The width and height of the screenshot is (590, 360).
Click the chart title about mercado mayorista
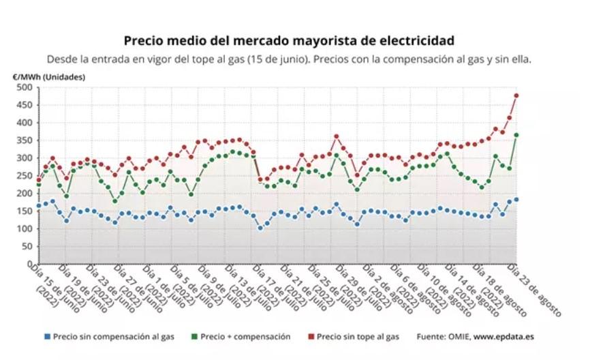coord(289,41)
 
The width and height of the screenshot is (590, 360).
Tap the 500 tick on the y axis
coord(24,87)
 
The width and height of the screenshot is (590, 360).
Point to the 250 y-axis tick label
coord(24,175)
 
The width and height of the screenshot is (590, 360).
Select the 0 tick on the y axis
coord(29,264)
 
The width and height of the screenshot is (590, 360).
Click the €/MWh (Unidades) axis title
coord(49,77)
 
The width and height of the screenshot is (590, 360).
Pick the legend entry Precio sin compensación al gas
coord(110,336)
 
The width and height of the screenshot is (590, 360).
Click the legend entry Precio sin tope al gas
coord(356,336)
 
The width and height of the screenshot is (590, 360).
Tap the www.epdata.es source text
coord(503,336)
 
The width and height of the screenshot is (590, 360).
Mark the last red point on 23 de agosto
coord(516,95)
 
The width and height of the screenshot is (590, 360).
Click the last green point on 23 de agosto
coord(516,135)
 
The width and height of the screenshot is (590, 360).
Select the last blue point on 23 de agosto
coord(516,199)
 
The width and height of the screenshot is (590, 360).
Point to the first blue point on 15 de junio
coord(39,206)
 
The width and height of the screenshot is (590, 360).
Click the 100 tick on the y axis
coord(24,228)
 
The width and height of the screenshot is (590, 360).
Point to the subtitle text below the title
coord(289,59)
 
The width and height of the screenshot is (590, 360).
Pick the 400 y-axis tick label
coord(24,123)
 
